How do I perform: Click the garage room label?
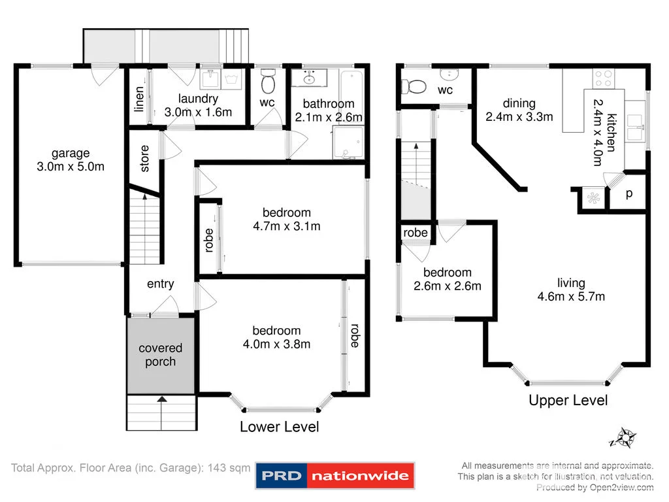pos(71,154)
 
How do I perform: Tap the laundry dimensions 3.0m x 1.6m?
pos(198,112)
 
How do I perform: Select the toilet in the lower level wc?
pos(267,84)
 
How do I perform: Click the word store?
pos(144,158)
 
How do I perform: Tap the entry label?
pos(160,284)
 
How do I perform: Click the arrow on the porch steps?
pos(161,398)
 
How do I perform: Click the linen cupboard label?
pos(139,99)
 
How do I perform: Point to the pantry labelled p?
pos(628,194)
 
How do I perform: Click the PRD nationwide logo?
pos(334,477)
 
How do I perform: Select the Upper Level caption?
pos(568,400)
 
